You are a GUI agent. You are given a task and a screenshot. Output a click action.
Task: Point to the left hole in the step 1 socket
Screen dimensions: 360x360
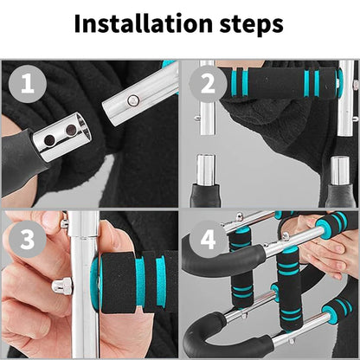point(48,140)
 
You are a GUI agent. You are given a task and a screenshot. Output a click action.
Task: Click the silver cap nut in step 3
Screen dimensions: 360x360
point(60,286)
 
